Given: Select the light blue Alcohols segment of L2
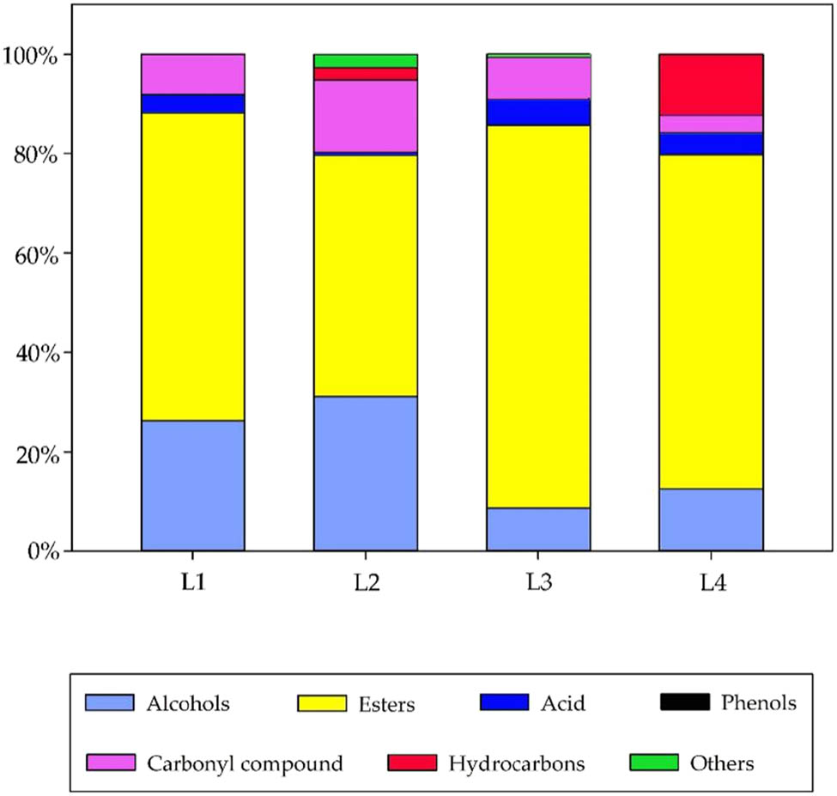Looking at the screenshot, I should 366,473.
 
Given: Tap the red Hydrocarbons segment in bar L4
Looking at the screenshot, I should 711,84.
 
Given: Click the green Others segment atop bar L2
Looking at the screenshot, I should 366,61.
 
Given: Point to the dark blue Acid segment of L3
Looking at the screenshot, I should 538,112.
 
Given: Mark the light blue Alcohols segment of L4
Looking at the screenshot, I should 711,520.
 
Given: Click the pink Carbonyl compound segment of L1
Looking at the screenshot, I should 193,74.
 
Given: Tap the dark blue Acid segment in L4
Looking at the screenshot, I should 711,143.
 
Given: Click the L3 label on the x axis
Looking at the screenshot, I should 539,582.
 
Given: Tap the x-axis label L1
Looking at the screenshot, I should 193,582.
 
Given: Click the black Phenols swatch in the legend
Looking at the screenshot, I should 684,703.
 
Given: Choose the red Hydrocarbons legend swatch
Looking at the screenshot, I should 412,763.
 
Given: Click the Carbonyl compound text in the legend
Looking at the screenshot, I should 246,763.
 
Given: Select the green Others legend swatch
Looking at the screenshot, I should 654,763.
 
